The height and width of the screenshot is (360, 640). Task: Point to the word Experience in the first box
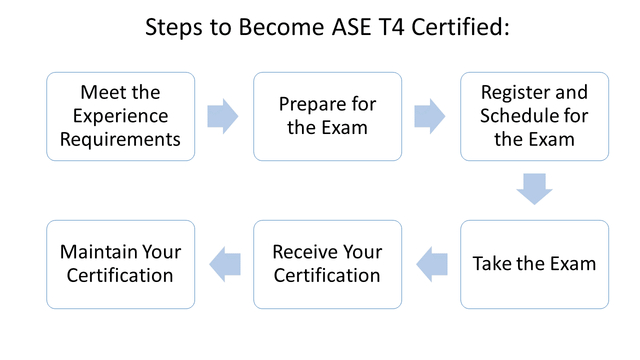120,116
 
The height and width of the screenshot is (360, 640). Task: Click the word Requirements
120,139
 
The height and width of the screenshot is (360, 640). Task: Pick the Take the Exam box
534,264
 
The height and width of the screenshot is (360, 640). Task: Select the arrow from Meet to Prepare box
223,116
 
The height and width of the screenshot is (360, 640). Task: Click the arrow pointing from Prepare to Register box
430,116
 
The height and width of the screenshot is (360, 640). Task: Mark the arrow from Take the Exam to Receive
431,264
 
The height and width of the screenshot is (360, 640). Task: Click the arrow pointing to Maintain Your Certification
224,264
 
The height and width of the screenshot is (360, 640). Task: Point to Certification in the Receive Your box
327,275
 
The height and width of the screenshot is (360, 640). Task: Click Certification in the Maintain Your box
120,275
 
